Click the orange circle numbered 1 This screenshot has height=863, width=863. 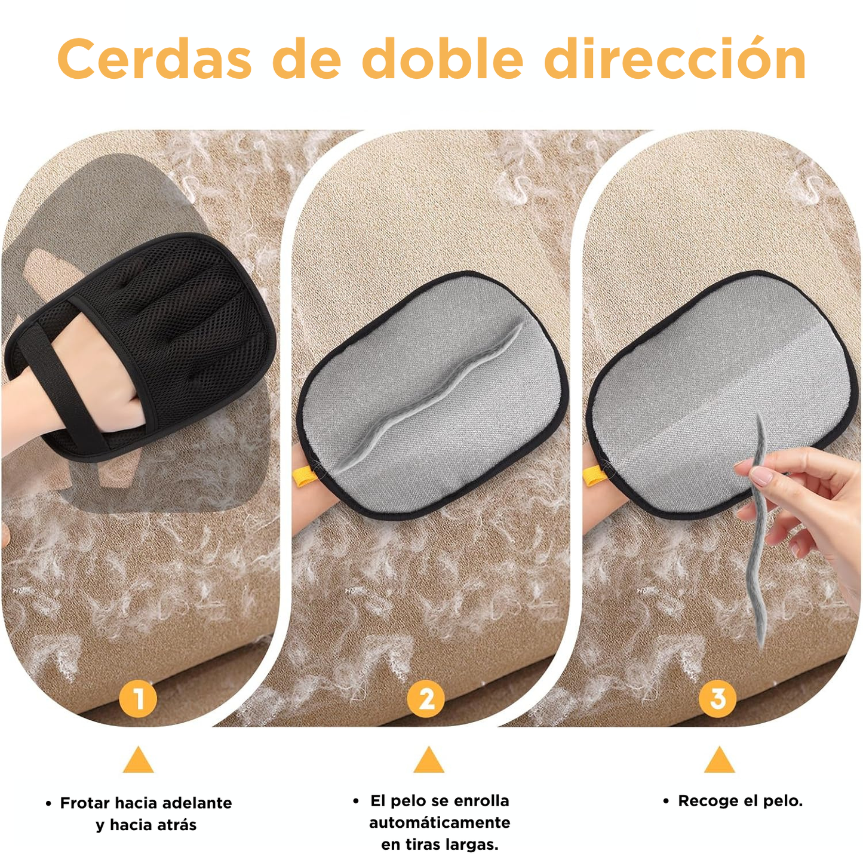point(138,698)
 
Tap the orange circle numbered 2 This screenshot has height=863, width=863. point(426,698)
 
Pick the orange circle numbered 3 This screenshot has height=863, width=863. point(718,698)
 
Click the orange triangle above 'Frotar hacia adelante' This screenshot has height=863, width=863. point(139,761)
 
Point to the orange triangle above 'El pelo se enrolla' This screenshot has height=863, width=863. point(429,761)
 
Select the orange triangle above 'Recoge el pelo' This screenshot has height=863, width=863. point(720,761)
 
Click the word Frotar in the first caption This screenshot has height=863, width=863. point(85,803)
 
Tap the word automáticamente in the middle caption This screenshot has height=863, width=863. point(440,823)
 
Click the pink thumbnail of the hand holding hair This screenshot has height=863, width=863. point(761,476)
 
